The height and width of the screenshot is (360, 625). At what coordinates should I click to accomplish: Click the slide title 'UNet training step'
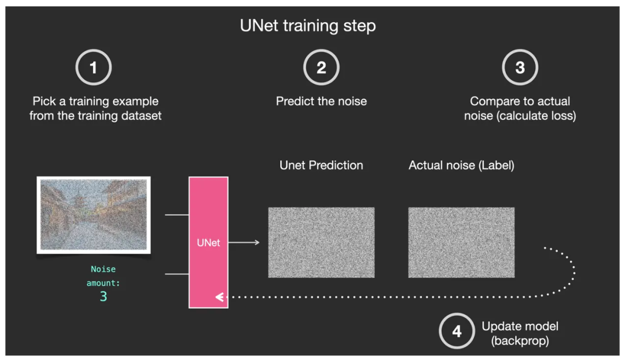(x=308, y=26)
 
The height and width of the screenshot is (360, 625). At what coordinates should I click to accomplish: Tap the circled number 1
(x=93, y=68)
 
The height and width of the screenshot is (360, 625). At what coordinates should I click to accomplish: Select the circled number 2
(x=321, y=68)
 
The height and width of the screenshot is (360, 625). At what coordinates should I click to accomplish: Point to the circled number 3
(x=520, y=68)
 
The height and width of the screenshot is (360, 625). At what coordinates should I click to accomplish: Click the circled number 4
(x=457, y=332)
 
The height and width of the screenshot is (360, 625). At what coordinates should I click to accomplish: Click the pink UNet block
(x=208, y=242)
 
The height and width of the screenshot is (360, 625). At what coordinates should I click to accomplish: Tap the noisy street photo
(x=94, y=215)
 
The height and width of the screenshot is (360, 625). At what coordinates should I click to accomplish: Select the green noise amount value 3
(x=103, y=297)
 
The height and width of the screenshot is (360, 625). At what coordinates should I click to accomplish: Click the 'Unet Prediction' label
(x=321, y=165)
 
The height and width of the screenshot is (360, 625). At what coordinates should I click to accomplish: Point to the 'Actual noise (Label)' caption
(x=461, y=165)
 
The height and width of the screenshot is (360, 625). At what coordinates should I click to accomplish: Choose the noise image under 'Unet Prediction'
(x=321, y=243)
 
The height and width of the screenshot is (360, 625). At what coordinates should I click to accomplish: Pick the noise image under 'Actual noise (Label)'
(x=461, y=243)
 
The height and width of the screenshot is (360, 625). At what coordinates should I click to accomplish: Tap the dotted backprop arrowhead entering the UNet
(x=219, y=297)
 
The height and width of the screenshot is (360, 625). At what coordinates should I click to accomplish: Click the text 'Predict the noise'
(x=321, y=101)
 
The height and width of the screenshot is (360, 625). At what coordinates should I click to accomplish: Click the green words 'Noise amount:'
(x=103, y=276)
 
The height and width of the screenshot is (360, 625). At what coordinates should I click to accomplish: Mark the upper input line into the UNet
(x=177, y=215)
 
